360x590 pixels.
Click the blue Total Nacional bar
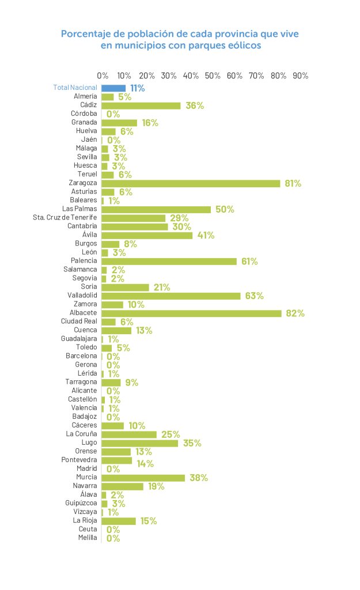click(x=113, y=88)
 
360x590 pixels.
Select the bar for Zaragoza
click(x=191, y=183)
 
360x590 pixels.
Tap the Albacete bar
click(x=192, y=313)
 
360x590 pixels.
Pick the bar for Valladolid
click(x=171, y=296)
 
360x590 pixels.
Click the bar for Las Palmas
click(x=156, y=209)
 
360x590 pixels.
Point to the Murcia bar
click(x=143, y=478)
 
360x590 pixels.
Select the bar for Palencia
click(x=169, y=261)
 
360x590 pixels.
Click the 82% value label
click(x=295, y=313)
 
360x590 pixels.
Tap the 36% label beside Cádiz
click(x=195, y=105)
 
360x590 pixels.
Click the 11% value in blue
click(x=137, y=88)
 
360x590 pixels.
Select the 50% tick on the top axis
click(x=213, y=75)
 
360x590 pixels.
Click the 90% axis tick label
click(x=301, y=75)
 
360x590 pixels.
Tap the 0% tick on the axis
click(x=103, y=75)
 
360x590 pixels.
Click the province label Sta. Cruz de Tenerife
click(x=65, y=218)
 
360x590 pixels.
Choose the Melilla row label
click(x=88, y=538)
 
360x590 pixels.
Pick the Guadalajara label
click(x=79, y=339)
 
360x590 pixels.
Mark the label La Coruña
click(x=81, y=434)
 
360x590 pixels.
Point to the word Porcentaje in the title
click(x=86, y=34)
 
